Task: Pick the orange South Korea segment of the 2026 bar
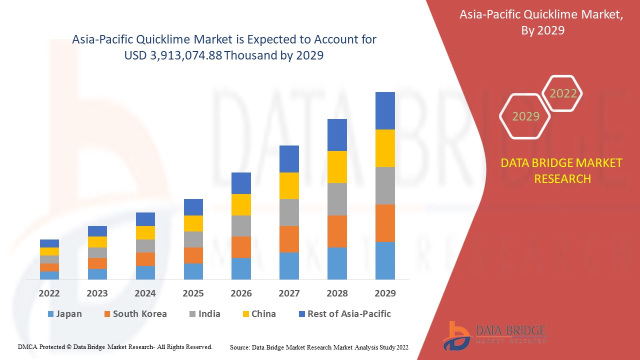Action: tap(241, 247)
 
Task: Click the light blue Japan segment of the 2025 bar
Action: tap(193, 271)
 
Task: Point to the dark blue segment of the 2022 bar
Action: tap(49, 243)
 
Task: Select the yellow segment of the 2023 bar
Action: tap(97, 242)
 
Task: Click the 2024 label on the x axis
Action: tap(145, 293)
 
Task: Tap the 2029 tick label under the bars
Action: tap(385, 293)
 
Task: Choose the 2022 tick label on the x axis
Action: tap(49, 293)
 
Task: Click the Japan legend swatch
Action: tap(50, 314)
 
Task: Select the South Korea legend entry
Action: tap(135, 314)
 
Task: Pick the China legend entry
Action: tap(258, 314)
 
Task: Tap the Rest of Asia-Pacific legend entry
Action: tap(344, 314)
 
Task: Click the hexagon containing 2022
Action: tap(563, 93)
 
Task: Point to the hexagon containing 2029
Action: tap(525, 116)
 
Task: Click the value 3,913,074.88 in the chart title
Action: tap(186, 55)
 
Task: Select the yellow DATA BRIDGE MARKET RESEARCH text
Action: tap(561, 170)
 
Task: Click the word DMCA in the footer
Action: tap(27, 346)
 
